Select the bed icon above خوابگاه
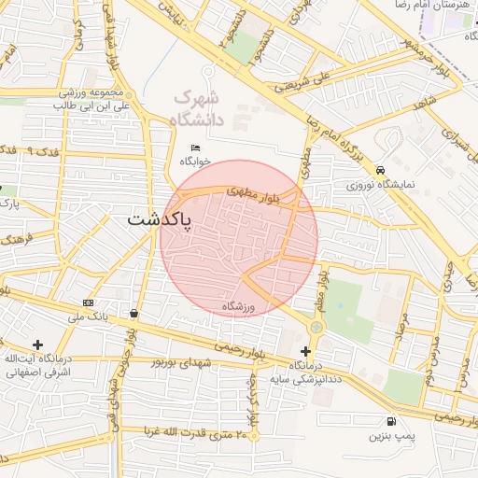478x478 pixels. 195,148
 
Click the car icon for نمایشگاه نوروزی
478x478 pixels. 381,171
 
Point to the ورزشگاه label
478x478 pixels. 239,306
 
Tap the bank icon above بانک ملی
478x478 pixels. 88,303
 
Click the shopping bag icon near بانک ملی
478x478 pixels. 136,314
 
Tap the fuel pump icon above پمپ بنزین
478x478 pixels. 389,421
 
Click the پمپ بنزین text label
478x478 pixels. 389,436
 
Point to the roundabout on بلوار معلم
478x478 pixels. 316,328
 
